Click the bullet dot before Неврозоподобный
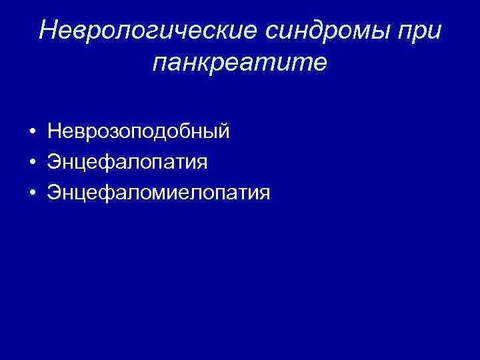pyautogui.click(x=33, y=132)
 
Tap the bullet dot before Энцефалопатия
pyautogui.click(x=33, y=163)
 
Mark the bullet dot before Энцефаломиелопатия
pyautogui.click(x=33, y=193)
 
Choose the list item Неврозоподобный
pyautogui.click(x=139, y=132)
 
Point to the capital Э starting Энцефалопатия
pyautogui.click(x=54, y=162)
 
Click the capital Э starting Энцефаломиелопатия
pyautogui.click(x=54, y=193)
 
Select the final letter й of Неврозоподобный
pyautogui.click(x=223, y=131)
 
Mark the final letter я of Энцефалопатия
pyautogui.click(x=202, y=163)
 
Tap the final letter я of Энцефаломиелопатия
pyautogui.click(x=264, y=194)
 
